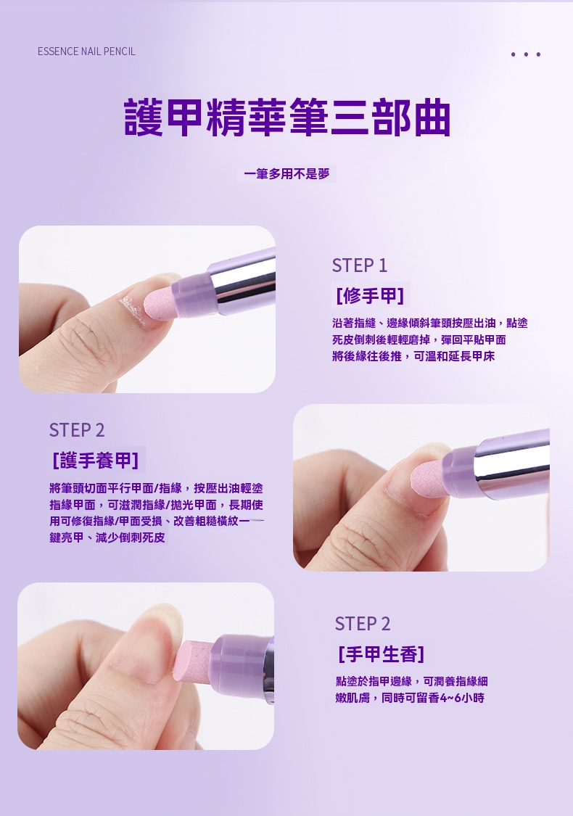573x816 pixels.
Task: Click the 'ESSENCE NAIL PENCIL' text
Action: tap(86, 51)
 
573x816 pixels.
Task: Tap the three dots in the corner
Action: tap(526, 54)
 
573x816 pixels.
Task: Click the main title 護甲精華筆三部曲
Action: tap(287, 118)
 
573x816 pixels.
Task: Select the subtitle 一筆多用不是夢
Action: tap(286, 174)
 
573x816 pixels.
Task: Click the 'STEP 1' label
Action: tap(360, 265)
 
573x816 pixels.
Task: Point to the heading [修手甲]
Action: tap(370, 296)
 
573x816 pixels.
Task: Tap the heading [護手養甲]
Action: tap(96, 461)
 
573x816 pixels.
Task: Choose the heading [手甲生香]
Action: tap(382, 654)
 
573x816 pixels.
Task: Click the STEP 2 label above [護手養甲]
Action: tap(77, 430)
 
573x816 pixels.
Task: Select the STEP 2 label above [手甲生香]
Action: tap(363, 624)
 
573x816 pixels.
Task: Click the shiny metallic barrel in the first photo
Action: tap(242, 281)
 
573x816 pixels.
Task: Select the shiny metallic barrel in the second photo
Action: tap(513, 463)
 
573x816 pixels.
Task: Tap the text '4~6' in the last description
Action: tap(450, 698)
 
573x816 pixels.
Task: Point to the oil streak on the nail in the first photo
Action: tap(132, 309)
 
